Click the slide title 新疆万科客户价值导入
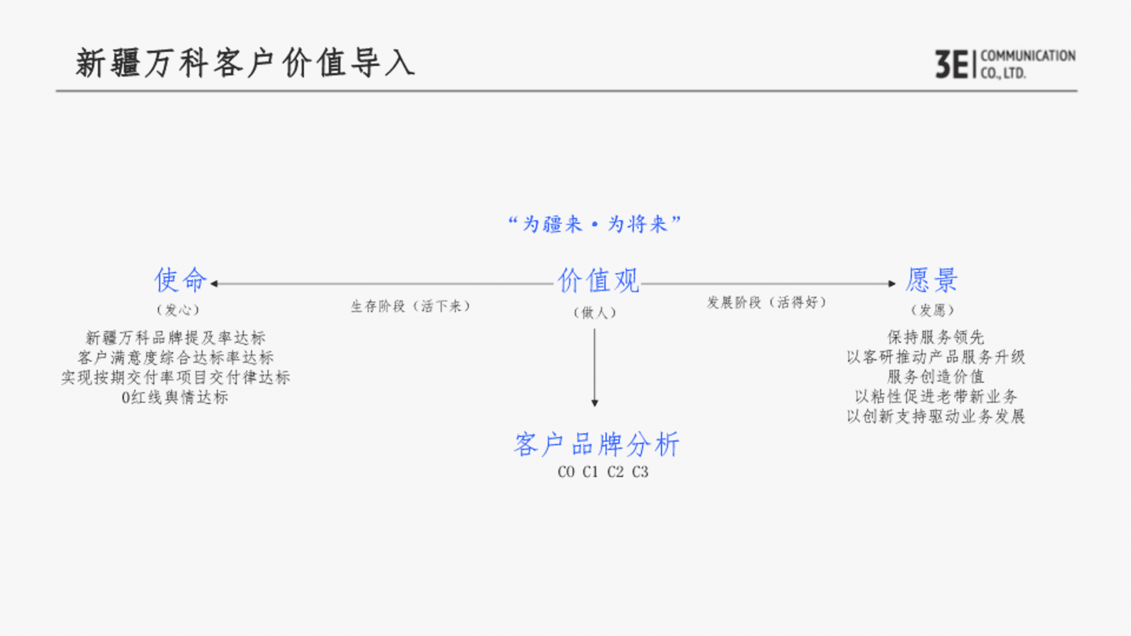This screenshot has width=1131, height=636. [x=245, y=62]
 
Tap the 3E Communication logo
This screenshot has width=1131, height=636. [x=1006, y=64]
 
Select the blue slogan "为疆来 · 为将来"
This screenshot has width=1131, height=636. [x=594, y=224]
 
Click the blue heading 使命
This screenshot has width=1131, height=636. [x=181, y=280]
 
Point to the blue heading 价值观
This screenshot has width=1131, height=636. [x=598, y=280]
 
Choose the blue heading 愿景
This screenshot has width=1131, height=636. [x=932, y=280]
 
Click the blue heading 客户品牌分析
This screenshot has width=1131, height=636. [x=597, y=444]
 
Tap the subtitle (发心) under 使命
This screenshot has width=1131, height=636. [x=178, y=310]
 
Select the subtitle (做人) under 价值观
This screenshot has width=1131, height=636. [x=595, y=313]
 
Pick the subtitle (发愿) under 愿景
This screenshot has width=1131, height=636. [x=932, y=310]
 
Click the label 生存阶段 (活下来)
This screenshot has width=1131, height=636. [x=411, y=306]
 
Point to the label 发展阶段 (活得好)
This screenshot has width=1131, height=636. [x=767, y=303]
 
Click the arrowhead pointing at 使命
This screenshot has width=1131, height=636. [x=214, y=284]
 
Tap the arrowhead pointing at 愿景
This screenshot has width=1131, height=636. [x=892, y=284]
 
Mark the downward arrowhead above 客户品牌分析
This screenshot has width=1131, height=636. [x=595, y=403]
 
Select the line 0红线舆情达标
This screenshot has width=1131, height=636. [x=175, y=397]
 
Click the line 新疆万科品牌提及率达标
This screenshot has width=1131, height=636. [x=176, y=338]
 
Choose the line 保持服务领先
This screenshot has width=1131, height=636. [x=936, y=337]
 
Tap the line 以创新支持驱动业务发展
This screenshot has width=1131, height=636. [x=936, y=416]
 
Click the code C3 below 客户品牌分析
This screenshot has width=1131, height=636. [x=640, y=472]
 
